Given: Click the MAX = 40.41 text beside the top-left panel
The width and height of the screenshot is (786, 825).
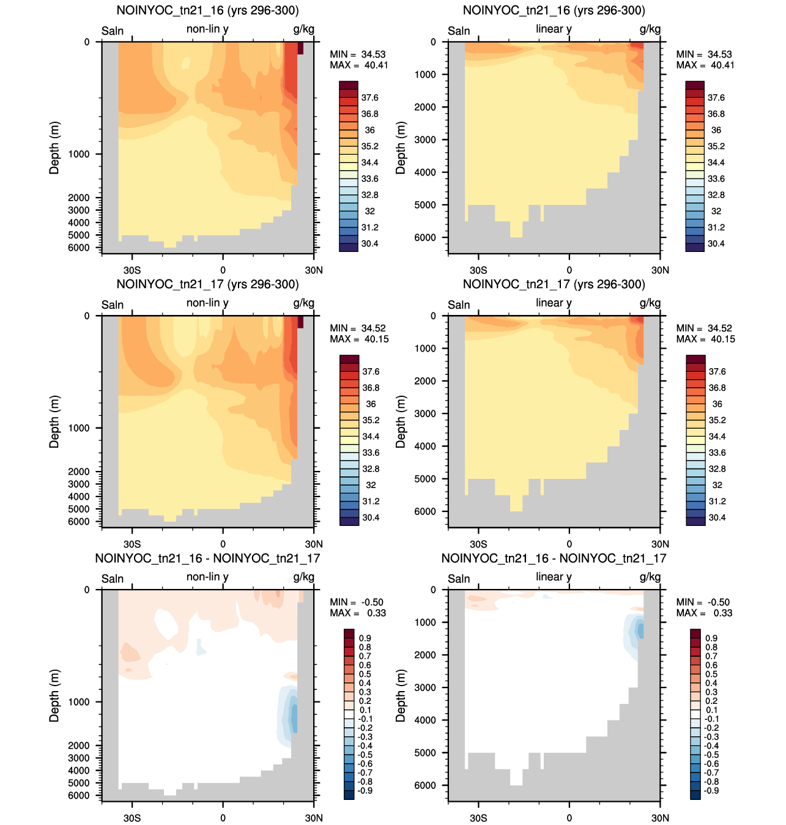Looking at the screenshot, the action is click(x=358, y=65).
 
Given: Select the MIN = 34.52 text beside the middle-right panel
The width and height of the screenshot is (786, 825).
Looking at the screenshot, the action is click(x=705, y=328).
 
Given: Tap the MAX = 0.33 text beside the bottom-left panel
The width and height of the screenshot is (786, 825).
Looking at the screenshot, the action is click(x=358, y=613).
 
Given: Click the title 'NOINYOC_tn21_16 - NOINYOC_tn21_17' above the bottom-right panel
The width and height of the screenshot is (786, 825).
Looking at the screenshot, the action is click(x=554, y=558).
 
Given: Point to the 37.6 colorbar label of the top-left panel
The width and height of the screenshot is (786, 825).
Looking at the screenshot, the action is click(x=369, y=98).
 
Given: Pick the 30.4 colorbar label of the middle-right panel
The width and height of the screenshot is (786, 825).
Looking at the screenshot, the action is click(x=717, y=517).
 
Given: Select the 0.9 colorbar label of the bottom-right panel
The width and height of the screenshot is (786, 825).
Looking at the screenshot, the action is click(x=711, y=638).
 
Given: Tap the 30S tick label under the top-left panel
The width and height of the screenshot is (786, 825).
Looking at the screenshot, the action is click(x=132, y=270).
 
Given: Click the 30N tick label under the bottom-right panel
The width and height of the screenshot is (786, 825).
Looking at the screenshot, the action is click(x=660, y=818).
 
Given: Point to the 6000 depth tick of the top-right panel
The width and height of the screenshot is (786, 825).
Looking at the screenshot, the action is click(x=425, y=237).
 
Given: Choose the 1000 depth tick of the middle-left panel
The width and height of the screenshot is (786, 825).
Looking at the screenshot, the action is click(x=79, y=428).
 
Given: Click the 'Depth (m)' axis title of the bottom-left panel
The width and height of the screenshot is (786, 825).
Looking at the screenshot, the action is click(x=54, y=695).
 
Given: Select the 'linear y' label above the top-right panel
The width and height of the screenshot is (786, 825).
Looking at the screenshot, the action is click(x=554, y=29).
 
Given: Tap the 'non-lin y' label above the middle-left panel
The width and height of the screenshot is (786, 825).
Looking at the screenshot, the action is click(x=207, y=303).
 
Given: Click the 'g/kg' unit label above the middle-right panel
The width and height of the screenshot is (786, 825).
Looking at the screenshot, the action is click(x=650, y=303).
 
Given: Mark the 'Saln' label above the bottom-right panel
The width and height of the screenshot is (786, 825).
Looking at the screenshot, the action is click(x=459, y=579).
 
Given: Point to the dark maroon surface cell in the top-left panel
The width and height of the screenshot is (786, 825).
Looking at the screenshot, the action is click(x=300, y=48).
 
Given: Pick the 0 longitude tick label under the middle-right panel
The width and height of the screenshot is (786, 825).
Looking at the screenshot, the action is click(x=569, y=544).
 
